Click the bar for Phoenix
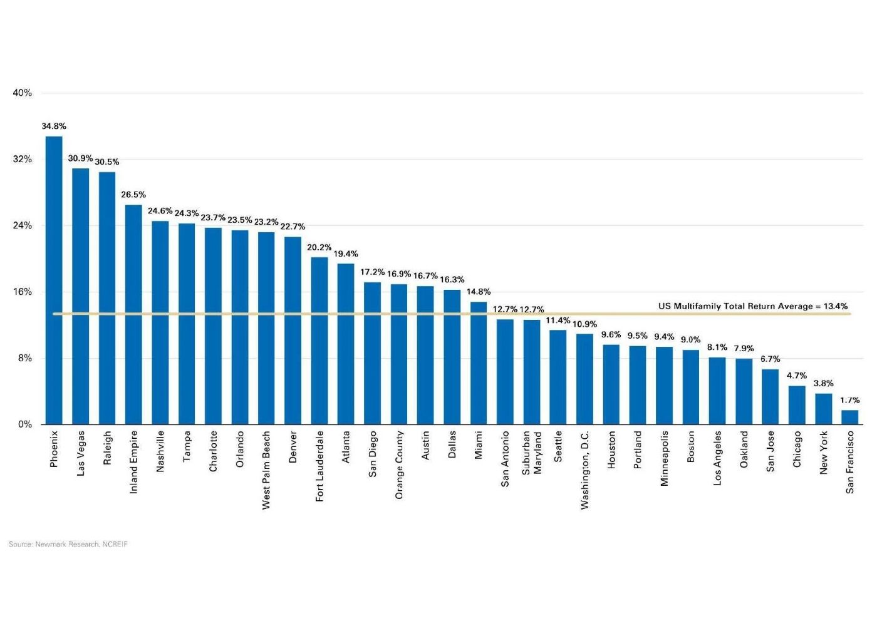54,280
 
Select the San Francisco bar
849,417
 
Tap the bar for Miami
479,363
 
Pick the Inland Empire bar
133,314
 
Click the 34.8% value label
54,126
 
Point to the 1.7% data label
849,400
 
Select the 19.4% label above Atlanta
346,254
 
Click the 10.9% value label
584,324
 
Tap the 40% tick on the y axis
23,93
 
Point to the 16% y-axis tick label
23,292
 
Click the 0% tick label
24,424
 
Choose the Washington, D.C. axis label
584,469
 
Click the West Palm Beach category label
266,469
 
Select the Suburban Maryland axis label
531,452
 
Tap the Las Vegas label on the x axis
81,453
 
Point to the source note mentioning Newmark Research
68,545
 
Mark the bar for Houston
611,384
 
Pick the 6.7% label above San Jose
771,359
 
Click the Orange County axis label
399,464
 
